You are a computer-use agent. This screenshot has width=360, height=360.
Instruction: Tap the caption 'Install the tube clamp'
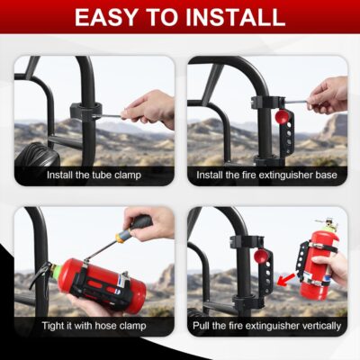pos(94,174)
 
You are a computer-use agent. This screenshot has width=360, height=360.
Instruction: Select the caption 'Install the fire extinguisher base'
pos(267,174)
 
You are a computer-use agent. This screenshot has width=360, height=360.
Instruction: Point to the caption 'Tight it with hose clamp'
pos(94,325)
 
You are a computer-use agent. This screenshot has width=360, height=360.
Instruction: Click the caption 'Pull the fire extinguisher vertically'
pos(267,325)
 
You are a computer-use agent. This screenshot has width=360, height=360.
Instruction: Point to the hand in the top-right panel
pos(328,94)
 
